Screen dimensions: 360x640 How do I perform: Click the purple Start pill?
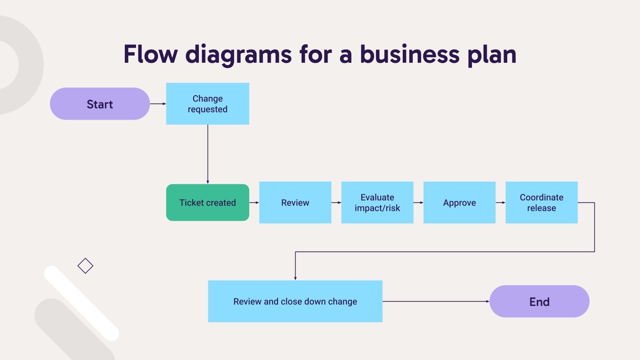coord(100,104)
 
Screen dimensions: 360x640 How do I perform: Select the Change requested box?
coord(208,104)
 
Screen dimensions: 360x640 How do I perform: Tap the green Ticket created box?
coord(208,202)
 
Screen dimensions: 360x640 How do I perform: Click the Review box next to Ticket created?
coord(295,202)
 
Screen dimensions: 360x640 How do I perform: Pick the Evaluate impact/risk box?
coord(377,202)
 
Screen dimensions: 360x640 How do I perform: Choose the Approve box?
coord(459,202)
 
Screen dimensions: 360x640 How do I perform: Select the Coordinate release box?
coord(541,202)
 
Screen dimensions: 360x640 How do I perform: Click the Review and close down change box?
coord(295,301)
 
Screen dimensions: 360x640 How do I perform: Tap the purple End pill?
coord(539,301)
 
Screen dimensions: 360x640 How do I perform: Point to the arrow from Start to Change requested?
coord(158,104)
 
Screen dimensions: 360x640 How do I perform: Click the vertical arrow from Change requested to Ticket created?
coord(208,154)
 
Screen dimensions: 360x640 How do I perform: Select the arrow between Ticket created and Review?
coord(254,202)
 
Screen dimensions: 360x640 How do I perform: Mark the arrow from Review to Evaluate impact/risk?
coord(336,202)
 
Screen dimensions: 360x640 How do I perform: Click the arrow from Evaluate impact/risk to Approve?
coord(418,202)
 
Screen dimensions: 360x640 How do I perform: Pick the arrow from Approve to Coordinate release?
coord(500,202)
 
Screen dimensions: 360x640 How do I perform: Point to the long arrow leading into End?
coord(436,301)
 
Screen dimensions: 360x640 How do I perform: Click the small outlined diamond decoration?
coord(85,266)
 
